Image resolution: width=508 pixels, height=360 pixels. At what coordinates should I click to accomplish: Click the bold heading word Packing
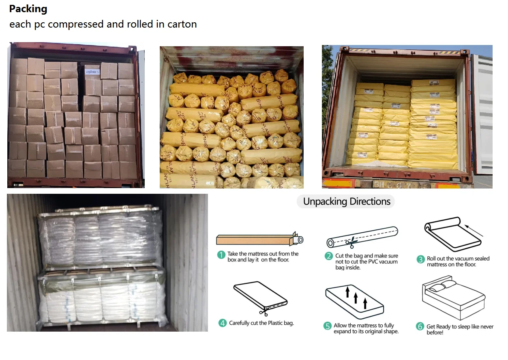tap(28, 9)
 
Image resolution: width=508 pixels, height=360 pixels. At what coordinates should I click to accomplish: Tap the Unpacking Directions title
tap(347, 201)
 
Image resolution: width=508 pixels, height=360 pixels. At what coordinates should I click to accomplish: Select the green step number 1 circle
tap(221, 255)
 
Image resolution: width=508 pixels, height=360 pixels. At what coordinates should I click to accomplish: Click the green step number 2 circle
tap(329, 256)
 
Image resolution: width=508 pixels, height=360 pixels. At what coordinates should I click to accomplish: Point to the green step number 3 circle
tap(420, 259)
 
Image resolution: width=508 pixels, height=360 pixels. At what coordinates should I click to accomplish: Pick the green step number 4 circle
tap(222, 323)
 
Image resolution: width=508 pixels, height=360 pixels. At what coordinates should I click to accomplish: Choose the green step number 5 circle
tap(328, 326)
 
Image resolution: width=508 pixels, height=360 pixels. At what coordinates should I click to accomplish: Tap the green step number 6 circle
tap(420, 326)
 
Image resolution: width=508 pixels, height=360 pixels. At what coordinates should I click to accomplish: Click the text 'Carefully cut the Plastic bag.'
tap(261, 323)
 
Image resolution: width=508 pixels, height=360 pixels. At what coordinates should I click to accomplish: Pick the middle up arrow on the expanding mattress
tap(356, 298)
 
